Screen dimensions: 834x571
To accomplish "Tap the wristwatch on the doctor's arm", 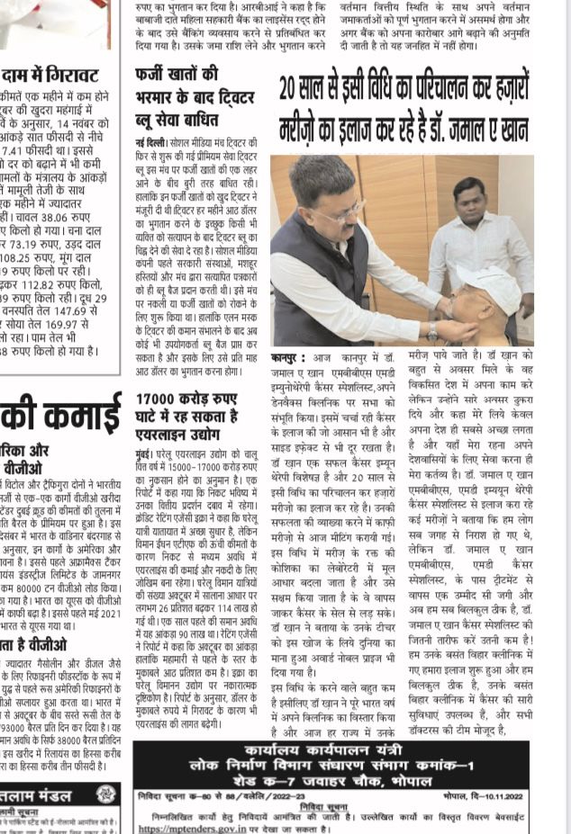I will pyautogui.click(x=433, y=332).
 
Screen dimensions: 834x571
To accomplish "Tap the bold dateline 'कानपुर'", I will pyautogui.click(x=289, y=356).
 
